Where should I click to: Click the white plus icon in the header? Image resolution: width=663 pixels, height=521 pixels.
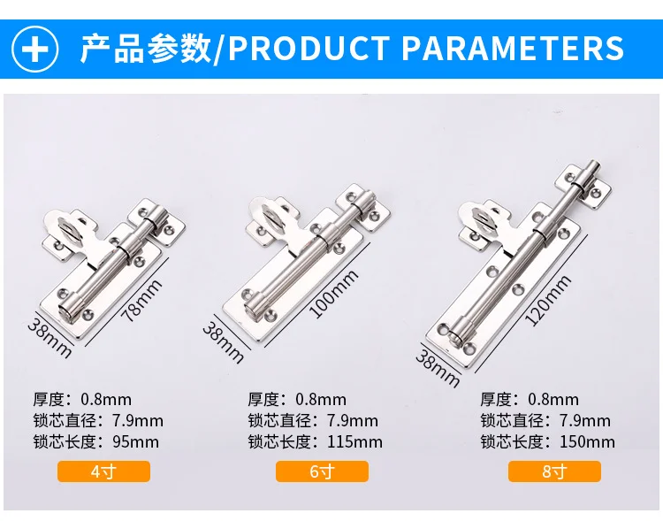(34, 49)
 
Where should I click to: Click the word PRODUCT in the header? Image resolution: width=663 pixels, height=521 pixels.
(309, 48)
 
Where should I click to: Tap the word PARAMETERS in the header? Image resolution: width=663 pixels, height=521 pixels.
(513, 48)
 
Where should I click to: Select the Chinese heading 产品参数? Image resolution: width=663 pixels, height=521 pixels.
(146, 49)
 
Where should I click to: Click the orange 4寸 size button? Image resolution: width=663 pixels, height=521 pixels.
(103, 471)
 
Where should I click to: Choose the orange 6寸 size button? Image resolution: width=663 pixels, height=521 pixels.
(322, 471)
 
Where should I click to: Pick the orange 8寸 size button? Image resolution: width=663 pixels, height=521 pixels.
(554, 471)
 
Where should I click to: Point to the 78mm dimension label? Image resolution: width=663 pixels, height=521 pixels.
(141, 301)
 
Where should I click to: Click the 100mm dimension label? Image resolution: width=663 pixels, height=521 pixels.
(334, 295)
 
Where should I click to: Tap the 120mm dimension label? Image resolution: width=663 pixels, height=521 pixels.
(549, 301)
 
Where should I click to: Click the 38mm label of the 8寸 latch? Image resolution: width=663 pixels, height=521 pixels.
(438, 368)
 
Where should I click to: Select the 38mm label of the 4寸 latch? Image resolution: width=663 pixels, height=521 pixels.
(50, 337)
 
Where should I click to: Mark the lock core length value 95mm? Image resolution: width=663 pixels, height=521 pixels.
(136, 442)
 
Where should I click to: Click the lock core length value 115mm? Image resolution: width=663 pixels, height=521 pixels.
(354, 442)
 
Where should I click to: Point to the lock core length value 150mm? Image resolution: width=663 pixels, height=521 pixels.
(587, 442)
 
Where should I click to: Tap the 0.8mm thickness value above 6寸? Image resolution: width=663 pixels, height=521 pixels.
(321, 400)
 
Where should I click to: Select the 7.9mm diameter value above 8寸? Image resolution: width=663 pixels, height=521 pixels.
(585, 421)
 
